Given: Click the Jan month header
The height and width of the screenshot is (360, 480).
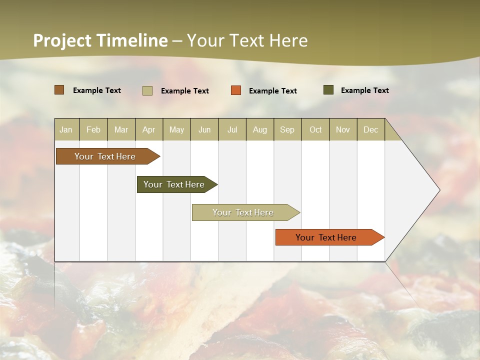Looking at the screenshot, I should pos(66,129).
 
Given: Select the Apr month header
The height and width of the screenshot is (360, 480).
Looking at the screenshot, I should pos(148,129).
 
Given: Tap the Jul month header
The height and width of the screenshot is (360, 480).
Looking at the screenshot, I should pos(232,129).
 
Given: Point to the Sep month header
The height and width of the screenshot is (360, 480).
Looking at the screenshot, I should pos(287,129).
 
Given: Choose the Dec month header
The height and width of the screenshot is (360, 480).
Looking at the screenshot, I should pos(370,129).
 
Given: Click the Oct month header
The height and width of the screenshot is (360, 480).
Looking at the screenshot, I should pos(315,129).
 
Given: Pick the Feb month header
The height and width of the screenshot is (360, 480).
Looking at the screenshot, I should pos(93,129).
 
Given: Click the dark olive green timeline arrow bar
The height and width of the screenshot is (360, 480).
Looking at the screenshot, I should pos(175,184).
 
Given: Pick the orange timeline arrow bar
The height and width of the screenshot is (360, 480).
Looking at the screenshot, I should pos(327,237).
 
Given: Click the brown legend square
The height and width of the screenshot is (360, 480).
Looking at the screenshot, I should pos(59,90).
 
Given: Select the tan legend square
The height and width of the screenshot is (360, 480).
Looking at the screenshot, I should pos(147,90).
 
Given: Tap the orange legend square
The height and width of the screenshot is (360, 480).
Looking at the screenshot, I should pos(236,90).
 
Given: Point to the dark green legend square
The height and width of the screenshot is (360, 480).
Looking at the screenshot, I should pos(328,90).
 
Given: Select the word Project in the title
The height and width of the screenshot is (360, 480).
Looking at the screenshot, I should pos(62,40).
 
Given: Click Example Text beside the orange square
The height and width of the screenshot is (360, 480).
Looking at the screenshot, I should pos(272,91).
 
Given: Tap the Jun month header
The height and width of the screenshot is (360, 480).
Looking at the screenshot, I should pos(204,129).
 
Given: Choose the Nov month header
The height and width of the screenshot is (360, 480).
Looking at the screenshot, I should pos(343,129).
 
